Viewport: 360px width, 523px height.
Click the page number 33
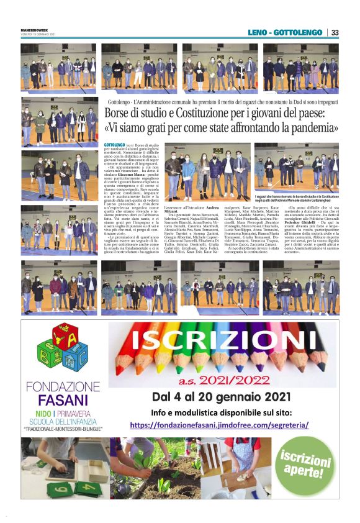[x=334, y=32]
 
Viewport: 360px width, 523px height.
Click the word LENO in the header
[x=262, y=32]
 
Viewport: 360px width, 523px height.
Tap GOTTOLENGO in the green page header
[x=300, y=32]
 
